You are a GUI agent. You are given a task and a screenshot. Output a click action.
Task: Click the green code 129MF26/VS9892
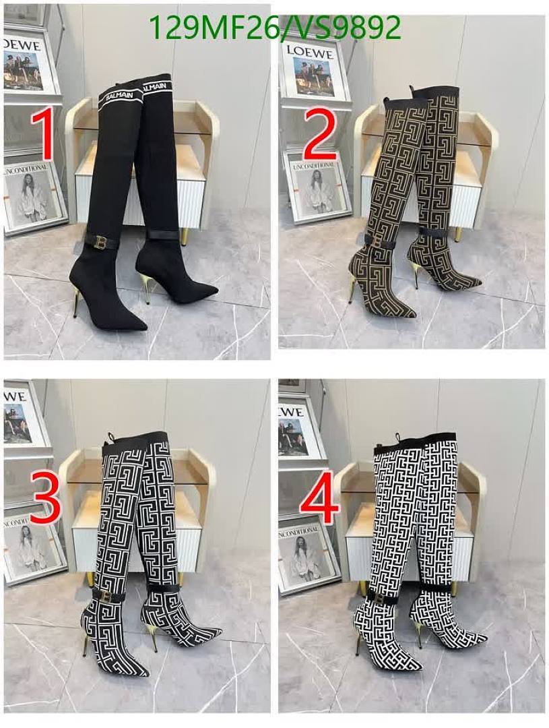click(274, 28)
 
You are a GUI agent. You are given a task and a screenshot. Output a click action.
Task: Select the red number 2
click(319, 135)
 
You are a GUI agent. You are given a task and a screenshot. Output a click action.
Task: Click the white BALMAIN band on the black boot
click(120, 96)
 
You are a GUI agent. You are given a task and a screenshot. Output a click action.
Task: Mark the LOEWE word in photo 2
click(311, 50)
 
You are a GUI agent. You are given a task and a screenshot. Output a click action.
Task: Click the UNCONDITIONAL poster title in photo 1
click(28, 169)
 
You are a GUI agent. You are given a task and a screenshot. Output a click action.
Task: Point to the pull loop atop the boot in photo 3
click(108, 439)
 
